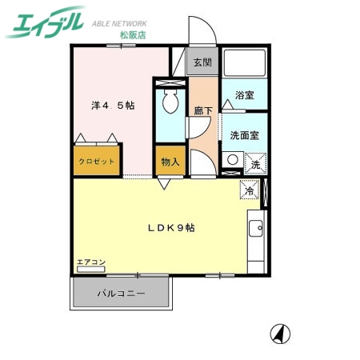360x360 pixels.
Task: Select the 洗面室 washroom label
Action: click(243, 135)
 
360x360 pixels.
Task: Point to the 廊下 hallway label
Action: click(202, 112)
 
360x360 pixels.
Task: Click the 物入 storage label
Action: click(170, 161)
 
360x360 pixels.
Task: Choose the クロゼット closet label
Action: click(97, 161)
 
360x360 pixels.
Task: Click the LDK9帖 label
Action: click(170, 227)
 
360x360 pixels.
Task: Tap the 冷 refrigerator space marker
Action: click(249, 192)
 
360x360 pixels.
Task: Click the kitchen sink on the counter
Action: click(257, 231)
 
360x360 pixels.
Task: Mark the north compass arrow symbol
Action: click(280, 332)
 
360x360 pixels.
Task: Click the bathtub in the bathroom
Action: click(243, 66)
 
